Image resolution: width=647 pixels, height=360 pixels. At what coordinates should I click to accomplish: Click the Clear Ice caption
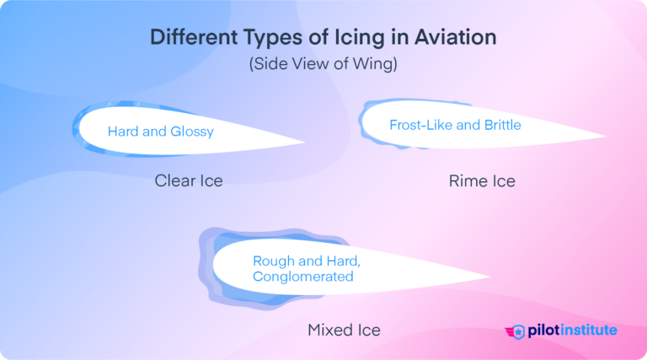click(189, 180)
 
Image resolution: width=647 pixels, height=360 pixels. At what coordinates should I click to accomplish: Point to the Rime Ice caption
click(482, 180)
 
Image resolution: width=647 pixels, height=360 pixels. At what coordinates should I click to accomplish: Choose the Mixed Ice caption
click(344, 330)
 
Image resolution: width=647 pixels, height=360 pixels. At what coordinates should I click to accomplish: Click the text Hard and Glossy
click(160, 132)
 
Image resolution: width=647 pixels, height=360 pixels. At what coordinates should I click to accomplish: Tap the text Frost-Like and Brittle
click(455, 126)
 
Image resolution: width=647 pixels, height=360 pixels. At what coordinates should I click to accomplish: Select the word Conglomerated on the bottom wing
click(303, 276)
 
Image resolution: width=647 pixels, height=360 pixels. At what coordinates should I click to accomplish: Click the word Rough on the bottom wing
click(272, 261)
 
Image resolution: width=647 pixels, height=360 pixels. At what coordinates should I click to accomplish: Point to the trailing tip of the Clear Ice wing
click(303, 143)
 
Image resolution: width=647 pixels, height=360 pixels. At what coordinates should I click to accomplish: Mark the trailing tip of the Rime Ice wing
click(603, 137)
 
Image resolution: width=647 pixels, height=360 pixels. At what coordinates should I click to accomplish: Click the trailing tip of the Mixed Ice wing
click(489, 277)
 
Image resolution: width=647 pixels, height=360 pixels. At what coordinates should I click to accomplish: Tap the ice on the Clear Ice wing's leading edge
click(76, 132)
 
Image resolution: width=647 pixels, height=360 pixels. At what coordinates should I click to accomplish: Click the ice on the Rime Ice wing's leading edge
click(363, 121)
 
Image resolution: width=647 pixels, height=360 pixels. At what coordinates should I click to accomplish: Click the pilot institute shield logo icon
click(518, 330)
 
